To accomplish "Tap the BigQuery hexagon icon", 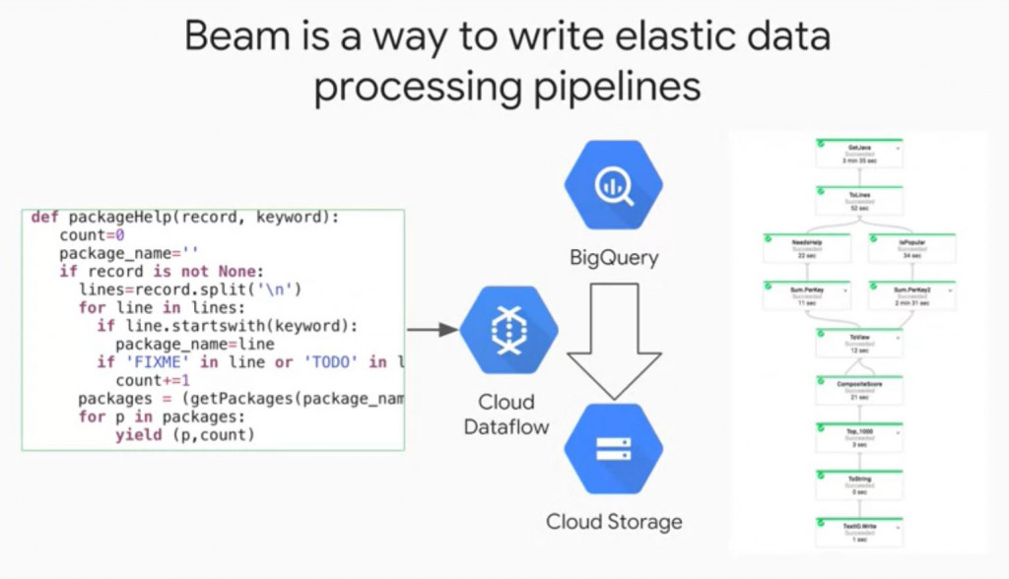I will [613, 185].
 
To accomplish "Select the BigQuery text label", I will [613, 258].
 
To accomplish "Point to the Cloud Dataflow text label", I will [506, 415].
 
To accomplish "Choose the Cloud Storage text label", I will [614, 521].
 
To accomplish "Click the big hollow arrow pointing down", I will [613, 341].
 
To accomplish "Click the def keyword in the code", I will [45, 218].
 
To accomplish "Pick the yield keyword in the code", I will [138, 434].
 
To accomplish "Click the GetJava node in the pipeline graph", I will [858, 154].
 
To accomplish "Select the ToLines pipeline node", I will [858, 201].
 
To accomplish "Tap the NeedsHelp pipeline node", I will [807, 248].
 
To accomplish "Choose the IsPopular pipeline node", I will [911, 248].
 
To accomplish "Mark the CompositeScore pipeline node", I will [858, 389].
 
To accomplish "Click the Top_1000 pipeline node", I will [858, 436].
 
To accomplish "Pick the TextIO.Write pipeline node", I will [858, 532].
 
